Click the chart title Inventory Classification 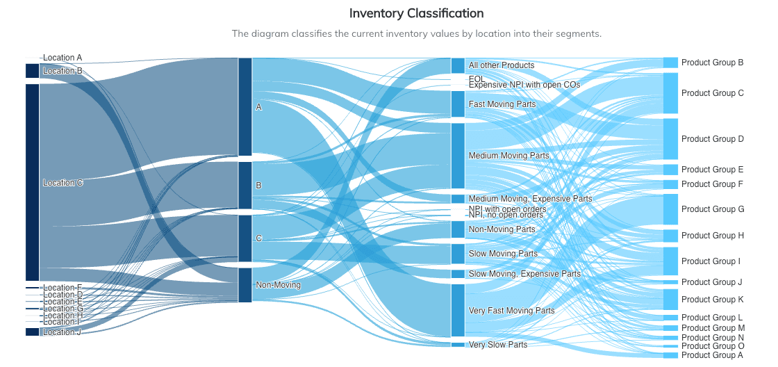pos(416,13)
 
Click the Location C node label pos(63,183)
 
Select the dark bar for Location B pos(32,71)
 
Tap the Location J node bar pos(32,332)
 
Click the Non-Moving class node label pos(278,285)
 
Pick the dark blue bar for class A pos(245,107)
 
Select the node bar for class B pos(245,186)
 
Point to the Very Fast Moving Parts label pos(511,311)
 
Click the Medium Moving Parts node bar pos(458,156)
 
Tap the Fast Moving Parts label pos(502,104)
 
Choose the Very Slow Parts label pos(497,345)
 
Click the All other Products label pos(501,65)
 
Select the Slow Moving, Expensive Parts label pos(524,274)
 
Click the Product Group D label pos(712,139)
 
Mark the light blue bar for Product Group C pos(670,93)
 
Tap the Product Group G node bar pos(670,209)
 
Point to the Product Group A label pos(712,355)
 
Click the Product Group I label pos(711,261)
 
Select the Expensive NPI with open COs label pos(524,85)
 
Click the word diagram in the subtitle pos(267,33)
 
